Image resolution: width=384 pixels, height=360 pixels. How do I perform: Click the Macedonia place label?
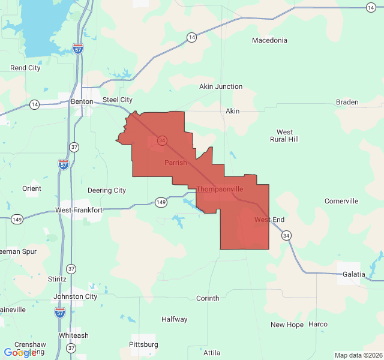tap(269, 40)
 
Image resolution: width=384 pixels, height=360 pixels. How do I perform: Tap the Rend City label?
tap(25, 68)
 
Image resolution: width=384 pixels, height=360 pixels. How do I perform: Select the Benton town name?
tap(82, 101)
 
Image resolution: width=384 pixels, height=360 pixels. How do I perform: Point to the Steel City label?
tap(118, 100)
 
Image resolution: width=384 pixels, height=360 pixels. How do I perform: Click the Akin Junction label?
tap(221, 86)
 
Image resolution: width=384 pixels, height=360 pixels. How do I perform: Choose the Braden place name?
tap(347, 102)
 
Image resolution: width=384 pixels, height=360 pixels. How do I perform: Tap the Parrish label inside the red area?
tap(175, 163)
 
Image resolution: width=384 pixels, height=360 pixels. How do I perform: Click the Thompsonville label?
tap(220, 189)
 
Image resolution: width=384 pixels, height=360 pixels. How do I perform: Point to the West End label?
tap(269, 220)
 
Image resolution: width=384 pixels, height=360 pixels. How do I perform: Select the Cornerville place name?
tap(341, 201)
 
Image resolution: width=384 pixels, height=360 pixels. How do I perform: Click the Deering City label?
tap(107, 190)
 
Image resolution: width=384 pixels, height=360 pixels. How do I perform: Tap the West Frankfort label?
tap(79, 210)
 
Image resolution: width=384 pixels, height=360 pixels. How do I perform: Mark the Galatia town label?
tap(353, 274)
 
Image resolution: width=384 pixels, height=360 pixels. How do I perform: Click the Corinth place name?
tap(208, 298)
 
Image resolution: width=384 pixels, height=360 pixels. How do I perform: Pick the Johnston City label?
tap(75, 296)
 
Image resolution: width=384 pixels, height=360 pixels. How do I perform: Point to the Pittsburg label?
tap(143, 344)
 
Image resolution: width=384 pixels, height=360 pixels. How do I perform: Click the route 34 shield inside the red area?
tap(162, 140)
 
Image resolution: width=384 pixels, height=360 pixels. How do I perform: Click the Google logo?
tap(20, 353)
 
